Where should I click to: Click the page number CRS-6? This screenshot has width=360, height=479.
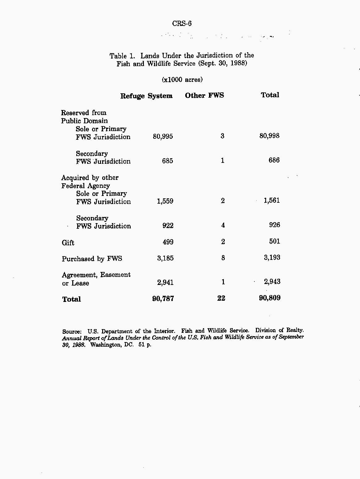coord(182,23)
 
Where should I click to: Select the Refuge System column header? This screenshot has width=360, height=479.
coord(146,96)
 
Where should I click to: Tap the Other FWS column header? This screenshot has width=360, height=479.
coord(204,95)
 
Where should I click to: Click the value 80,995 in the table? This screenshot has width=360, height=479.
coord(163,136)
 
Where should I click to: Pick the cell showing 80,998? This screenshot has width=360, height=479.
coord(269,136)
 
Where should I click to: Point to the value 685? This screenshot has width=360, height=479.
coord(167,161)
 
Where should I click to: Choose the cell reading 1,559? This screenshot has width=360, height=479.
coord(165,201)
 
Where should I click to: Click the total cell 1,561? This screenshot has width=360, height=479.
coord(271,201)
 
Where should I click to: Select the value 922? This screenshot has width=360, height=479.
coord(168,226)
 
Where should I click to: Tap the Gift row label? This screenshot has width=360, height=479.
coord(68,243)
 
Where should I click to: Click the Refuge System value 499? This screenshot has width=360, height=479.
coord(168,242)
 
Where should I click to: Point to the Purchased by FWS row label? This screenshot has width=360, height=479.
coord(92,259)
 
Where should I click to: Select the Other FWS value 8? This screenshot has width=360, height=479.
coord(223,258)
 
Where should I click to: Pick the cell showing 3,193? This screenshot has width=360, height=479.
coord(272,257)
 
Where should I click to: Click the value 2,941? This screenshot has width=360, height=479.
coord(165,282)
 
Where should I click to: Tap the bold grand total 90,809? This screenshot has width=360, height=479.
coord(270,298)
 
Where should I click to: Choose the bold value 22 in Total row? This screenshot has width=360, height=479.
coord(221,298)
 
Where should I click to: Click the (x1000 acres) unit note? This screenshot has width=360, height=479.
coord(182,80)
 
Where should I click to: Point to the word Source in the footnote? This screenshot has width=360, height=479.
coord(71,332)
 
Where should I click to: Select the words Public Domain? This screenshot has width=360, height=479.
coord(84,121)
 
